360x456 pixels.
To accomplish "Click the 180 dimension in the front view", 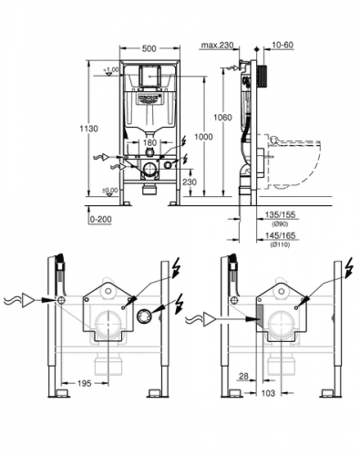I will tap(149, 142).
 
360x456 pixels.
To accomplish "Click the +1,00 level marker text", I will tap(111, 70).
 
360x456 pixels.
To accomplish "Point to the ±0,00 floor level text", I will tap(110, 191).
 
